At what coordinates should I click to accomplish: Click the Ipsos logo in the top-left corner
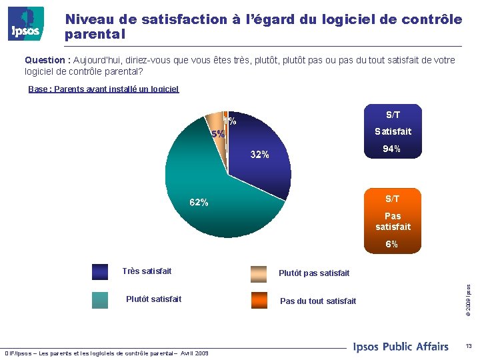tap(26, 23)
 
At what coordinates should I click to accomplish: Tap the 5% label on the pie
tap(218, 134)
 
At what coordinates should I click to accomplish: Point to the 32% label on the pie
tap(259, 155)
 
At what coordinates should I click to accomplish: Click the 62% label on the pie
tap(199, 203)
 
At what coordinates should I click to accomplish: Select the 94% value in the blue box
tap(392, 149)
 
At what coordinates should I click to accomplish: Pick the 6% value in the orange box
tap(392, 244)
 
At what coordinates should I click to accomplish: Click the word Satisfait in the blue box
tap(393, 131)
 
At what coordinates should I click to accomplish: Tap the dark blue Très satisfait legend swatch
tap(100, 271)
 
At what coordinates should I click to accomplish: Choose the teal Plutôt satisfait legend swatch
tap(100, 299)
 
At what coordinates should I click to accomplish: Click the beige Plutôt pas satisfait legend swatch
tap(259, 273)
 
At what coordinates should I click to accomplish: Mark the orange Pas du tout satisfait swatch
tap(259, 300)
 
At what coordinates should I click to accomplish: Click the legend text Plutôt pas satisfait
tap(313, 273)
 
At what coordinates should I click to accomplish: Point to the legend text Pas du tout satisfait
tap(318, 301)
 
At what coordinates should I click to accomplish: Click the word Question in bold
tap(47, 60)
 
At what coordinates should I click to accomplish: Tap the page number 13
tap(469, 346)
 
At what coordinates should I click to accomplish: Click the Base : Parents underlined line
tap(103, 89)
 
